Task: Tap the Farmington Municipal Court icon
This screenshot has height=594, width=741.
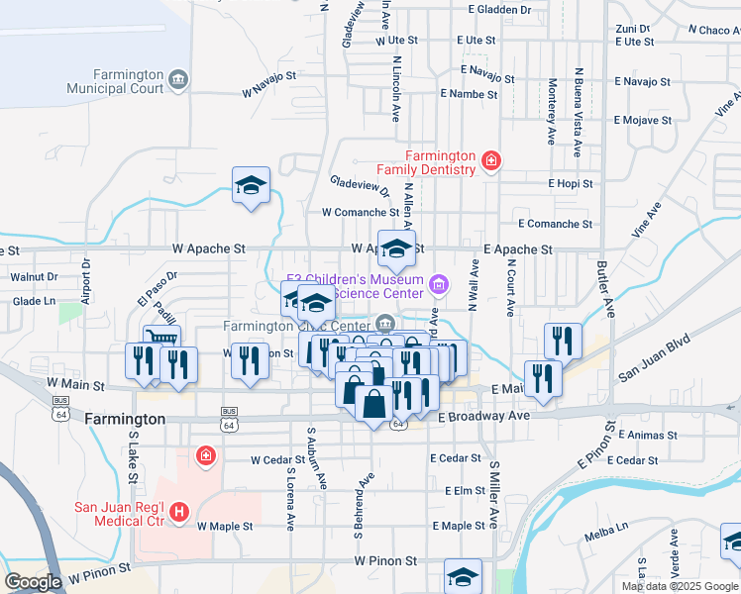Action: [178, 79]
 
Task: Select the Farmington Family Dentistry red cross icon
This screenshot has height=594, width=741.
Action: [489, 159]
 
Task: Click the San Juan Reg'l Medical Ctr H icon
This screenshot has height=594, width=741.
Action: [179, 512]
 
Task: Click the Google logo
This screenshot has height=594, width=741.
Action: [33, 582]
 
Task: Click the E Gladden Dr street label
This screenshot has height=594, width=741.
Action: [501, 10]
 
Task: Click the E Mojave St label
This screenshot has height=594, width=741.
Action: [642, 121]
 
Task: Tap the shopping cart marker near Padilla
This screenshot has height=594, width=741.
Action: [162, 339]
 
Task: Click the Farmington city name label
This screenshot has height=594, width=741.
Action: [125, 419]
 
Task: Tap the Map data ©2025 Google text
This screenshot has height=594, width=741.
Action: [680, 586]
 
